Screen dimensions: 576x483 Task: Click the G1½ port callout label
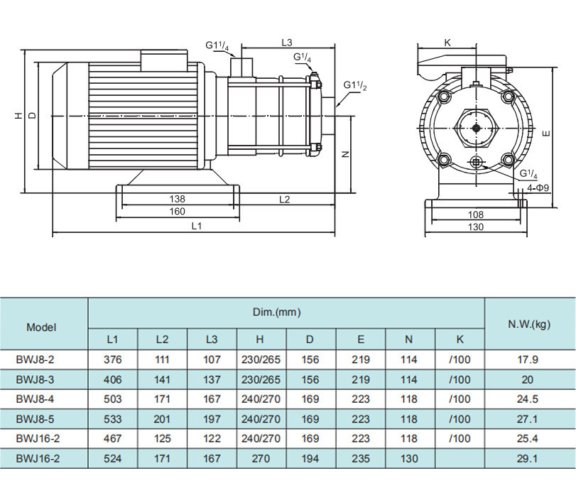click(355, 85)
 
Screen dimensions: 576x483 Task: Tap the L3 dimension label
click(286, 43)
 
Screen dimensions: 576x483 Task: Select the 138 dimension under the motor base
click(177, 199)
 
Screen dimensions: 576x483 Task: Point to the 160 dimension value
click(177, 212)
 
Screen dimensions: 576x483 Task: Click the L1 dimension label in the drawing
click(197, 226)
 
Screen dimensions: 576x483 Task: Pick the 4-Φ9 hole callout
click(538, 188)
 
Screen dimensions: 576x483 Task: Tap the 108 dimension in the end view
click(476, 215)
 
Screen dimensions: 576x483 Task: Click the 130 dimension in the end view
click(476, 227)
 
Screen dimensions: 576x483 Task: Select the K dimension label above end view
click(447, 43)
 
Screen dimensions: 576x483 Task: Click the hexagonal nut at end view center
click(477, 128)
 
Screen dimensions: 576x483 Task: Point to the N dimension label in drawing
click(345, 155)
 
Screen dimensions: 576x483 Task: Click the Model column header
click(41, 327)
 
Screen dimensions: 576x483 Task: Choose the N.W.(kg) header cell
click(529, 325)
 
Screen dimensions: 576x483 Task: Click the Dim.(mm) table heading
click(276, 313)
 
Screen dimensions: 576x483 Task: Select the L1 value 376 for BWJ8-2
click(112, 359)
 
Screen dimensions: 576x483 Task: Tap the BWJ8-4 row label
click(35, 399)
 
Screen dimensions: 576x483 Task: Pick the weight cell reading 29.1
click(528, 459)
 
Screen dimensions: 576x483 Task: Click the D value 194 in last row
click(310, 459)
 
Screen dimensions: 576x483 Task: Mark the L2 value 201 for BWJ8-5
click(162, 419)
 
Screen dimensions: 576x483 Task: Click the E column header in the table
click(361, 340)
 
